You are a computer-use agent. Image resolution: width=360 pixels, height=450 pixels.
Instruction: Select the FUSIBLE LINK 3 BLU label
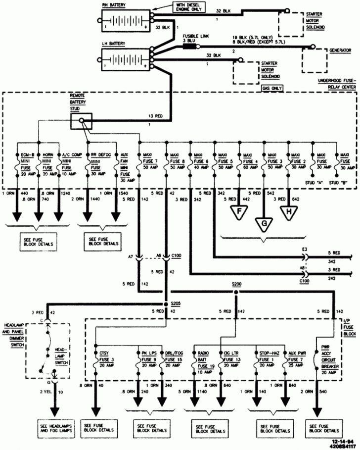pos(191,39)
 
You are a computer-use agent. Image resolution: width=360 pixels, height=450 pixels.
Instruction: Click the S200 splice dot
pos(235,292)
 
